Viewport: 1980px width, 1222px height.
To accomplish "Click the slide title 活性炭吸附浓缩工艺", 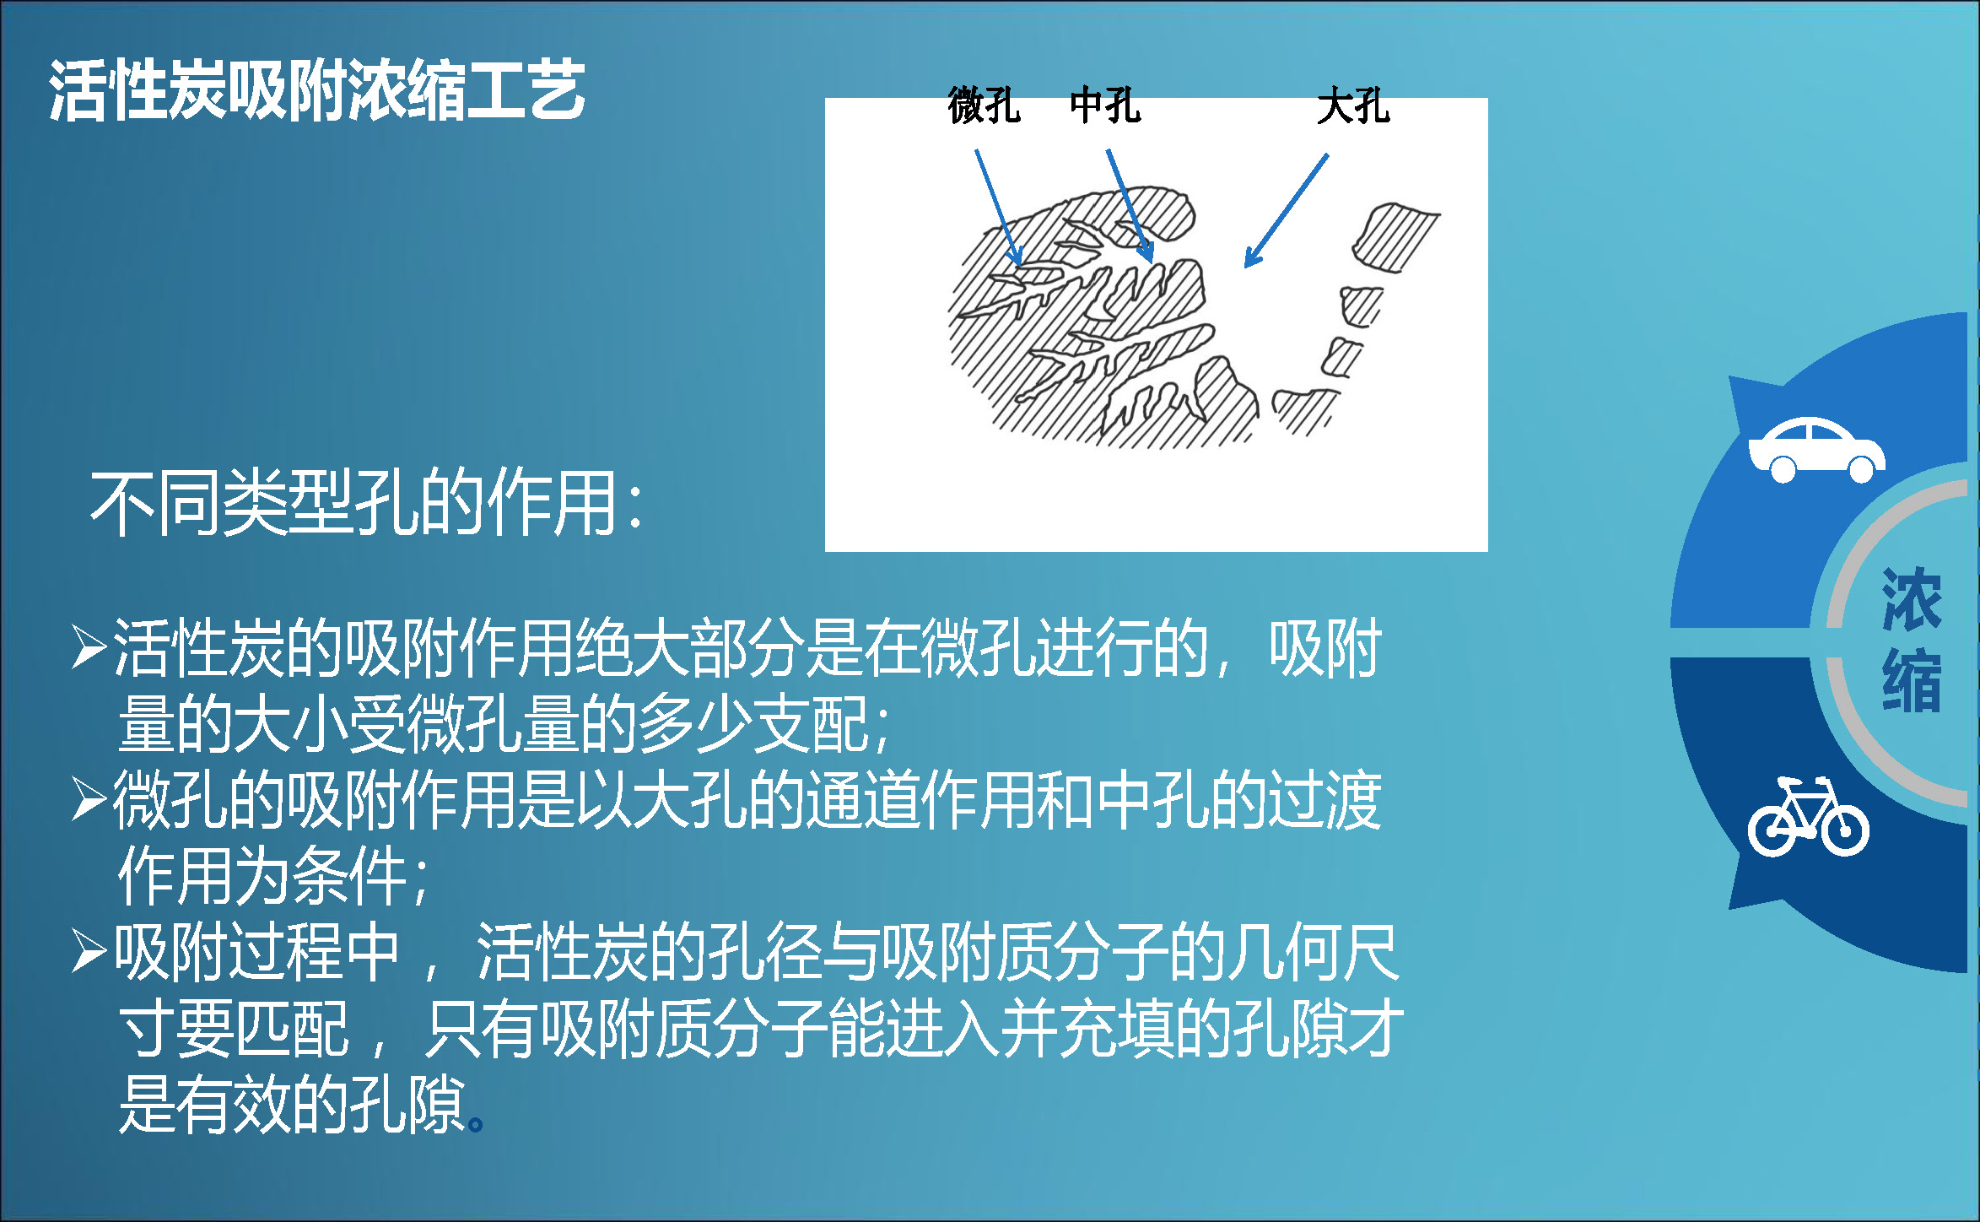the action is click(316, 89).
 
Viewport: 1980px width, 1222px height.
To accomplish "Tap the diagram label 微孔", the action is click(984, 106).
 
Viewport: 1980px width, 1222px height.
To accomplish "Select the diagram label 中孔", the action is click(1105, 106).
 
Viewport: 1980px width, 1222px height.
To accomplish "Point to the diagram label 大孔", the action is click(1353, 106).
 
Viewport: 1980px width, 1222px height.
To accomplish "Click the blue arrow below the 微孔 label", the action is click(999, 208).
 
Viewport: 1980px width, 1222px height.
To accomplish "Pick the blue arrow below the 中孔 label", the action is click(1130, 205).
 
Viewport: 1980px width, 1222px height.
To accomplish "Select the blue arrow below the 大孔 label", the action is click(1287, 211).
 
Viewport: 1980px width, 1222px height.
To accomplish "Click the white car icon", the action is click(1816, 450).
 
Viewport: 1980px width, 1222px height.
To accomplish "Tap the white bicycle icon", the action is click(1808, 817).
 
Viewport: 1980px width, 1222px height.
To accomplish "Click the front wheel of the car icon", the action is click(1861, 468).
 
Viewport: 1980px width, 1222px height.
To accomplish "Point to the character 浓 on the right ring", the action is click(1912, 600).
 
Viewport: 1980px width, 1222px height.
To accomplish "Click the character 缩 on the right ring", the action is click(1912, 680).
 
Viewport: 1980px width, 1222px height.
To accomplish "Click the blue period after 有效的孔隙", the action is click(476, 1124).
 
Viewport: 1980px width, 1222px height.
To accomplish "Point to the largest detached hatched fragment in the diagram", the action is click(1395, 237).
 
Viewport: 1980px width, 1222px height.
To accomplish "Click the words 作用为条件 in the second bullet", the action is click(262, 876).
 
